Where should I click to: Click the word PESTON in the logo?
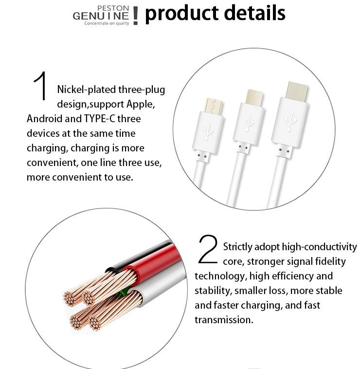click(x=113, y=8)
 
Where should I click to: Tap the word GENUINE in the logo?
click(x=101, y=16)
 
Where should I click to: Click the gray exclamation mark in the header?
click(x=135, y=16)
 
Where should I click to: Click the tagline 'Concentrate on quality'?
click(x=107, y=23)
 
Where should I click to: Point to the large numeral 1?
click(x=41, y=86)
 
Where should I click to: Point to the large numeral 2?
click(x=208, y=249)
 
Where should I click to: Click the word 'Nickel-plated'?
click(x=87, y=90)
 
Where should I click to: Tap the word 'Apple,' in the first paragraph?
click(x=141, y=104)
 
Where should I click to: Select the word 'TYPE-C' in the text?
click(x=99, y=119)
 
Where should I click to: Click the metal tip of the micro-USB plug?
click(x=213, y=106)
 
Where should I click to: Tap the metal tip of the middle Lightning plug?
click(x=254, y=98)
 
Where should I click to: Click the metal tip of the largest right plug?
click(x=296, y=92)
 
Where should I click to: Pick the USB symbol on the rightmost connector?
click(x=290, y=121)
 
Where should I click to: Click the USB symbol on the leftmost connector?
click(x=208, y=132)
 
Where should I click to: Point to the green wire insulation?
click(x=123, y=293)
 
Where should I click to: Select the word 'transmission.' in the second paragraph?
click(x=224, y=320)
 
